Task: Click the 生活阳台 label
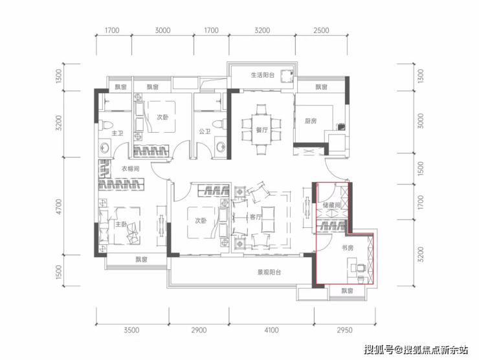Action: [x=263, y=75]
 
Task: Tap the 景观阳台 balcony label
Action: [x=269, y=272]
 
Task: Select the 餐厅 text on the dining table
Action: [x=262, y=130]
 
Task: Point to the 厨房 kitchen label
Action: [x=311, y=121]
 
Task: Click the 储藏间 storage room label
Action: [x=331, y=205]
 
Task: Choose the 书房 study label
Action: [x=348, y=248]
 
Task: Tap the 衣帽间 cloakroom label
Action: [x=131, y=168]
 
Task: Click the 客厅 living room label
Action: [x=256, y=217]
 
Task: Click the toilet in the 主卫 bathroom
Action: [x=107, y=125]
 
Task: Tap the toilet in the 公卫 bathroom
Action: [x=219, y=125]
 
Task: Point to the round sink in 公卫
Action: [x=221, y=147]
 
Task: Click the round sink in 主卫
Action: [x=105, y=148]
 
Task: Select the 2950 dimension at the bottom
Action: [x=344, y=330]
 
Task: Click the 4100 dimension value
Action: [x=272, y=330]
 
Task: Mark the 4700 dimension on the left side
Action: [x=59, y=207]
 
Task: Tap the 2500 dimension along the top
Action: [x=321, y=30]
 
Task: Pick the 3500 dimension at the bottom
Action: [x=131, y=330]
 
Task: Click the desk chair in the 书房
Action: [x=361, y=268]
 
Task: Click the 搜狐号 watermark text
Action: [x=379, y=349]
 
